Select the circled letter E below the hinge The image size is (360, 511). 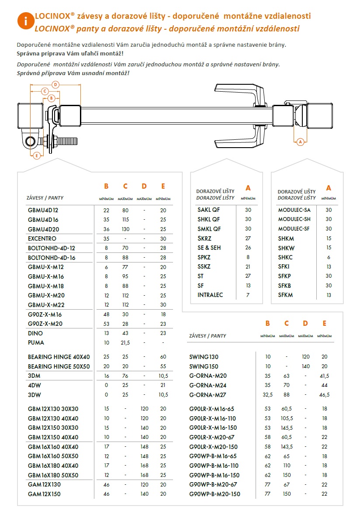tap(37, 155)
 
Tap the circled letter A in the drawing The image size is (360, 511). tap(300, 141)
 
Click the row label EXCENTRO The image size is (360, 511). tap(42, 239)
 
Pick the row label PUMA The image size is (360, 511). tap(36, 342)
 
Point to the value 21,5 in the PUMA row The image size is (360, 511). tap(125, 342)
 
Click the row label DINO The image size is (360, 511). tap(35, 333)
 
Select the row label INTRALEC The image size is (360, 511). tap(210, 295)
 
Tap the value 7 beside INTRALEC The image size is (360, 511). tap(248, 295)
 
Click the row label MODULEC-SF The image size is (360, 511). tap(294, 228)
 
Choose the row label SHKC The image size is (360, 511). tap(286, 257)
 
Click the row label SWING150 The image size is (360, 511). tap(204, 366)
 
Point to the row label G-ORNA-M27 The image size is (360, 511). tap(208, 394)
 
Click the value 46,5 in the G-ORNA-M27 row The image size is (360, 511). tap(324, 394)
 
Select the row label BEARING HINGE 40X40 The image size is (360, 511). tap(59, 357)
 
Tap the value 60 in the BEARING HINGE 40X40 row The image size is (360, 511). tap(163, 357)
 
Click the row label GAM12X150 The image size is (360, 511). tap(44, 494)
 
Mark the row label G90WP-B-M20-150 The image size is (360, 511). tap(215, 494)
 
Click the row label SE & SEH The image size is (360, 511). tap(209, 248)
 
